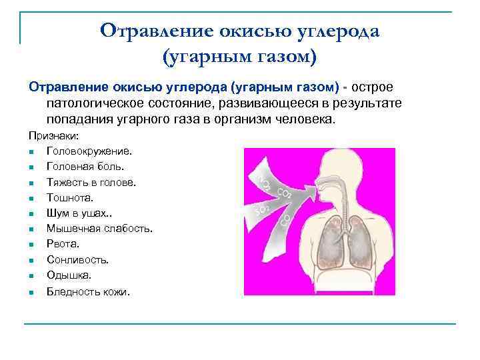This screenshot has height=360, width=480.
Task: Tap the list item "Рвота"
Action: [63, 244]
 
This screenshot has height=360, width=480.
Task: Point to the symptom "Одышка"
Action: [69, 275]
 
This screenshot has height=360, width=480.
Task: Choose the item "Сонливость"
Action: [77, 259]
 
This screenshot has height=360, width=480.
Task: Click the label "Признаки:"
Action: [53, 135]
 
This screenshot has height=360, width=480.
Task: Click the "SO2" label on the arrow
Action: [261, 210]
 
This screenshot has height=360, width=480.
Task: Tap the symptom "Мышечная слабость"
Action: [99, 229]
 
